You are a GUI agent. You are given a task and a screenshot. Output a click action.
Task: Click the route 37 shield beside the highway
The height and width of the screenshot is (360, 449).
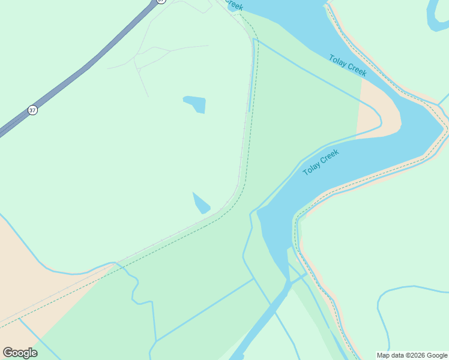click(32, 110)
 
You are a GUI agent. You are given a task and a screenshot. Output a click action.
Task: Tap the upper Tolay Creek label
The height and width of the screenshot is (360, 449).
click(348, 65)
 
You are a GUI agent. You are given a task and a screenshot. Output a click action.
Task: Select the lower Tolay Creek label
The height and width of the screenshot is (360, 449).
click(321, 162)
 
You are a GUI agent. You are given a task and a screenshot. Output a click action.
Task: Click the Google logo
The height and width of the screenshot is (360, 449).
click(20, 352)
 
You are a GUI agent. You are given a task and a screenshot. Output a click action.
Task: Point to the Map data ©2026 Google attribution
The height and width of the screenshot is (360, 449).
click(412, 355)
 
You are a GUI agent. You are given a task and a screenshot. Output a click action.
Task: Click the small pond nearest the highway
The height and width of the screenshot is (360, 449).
click(196, 104)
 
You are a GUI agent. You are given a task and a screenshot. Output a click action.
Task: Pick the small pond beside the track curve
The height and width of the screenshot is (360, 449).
click(201, 204)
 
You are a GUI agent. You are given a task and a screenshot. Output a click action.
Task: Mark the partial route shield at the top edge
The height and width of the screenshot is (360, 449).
click(160, 2)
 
